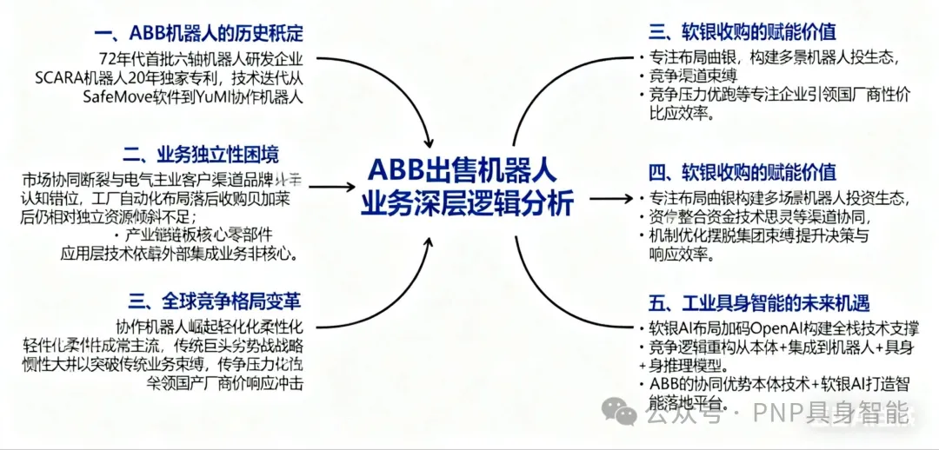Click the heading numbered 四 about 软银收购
click(743, 171)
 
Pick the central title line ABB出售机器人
click(462, 169)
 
